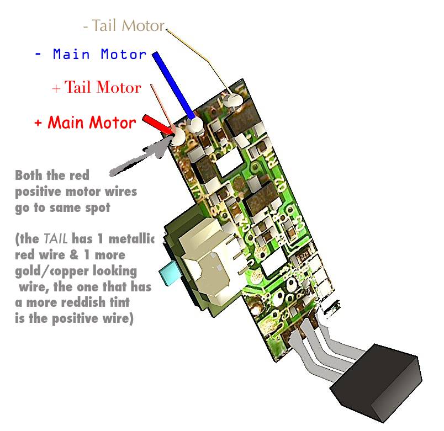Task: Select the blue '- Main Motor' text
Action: (x=91, y=55)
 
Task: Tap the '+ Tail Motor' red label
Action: (x=96, y=87)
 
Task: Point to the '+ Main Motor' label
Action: (x=84, y=123)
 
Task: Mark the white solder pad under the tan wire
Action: (x=234, y=100)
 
